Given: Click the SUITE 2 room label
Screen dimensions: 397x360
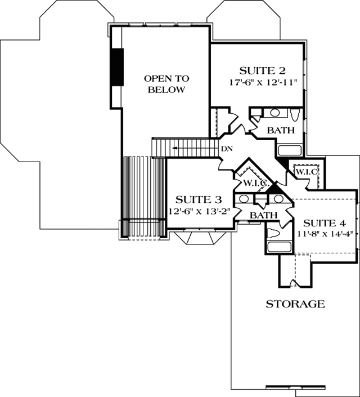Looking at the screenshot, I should pos(263,71).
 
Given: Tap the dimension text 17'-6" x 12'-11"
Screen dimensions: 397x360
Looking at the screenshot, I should pos(263,82).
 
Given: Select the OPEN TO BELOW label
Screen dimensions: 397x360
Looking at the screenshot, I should pos(166,84).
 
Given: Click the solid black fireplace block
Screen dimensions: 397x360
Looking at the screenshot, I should pos(117,66).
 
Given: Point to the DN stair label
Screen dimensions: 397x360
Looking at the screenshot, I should pos(227,149).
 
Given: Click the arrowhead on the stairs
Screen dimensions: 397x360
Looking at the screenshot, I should pos(175,148).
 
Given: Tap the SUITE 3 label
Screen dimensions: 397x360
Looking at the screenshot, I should pos(198,200).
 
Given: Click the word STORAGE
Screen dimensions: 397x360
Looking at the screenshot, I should pos(295,304).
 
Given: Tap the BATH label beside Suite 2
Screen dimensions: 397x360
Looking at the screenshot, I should pos(281,131).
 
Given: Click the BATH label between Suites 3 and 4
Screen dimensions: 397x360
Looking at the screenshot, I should pos(262,216).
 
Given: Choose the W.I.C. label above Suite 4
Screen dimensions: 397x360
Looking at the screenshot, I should pos(307,171).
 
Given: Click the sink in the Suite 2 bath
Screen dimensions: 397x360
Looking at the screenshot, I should pos(276,113).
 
